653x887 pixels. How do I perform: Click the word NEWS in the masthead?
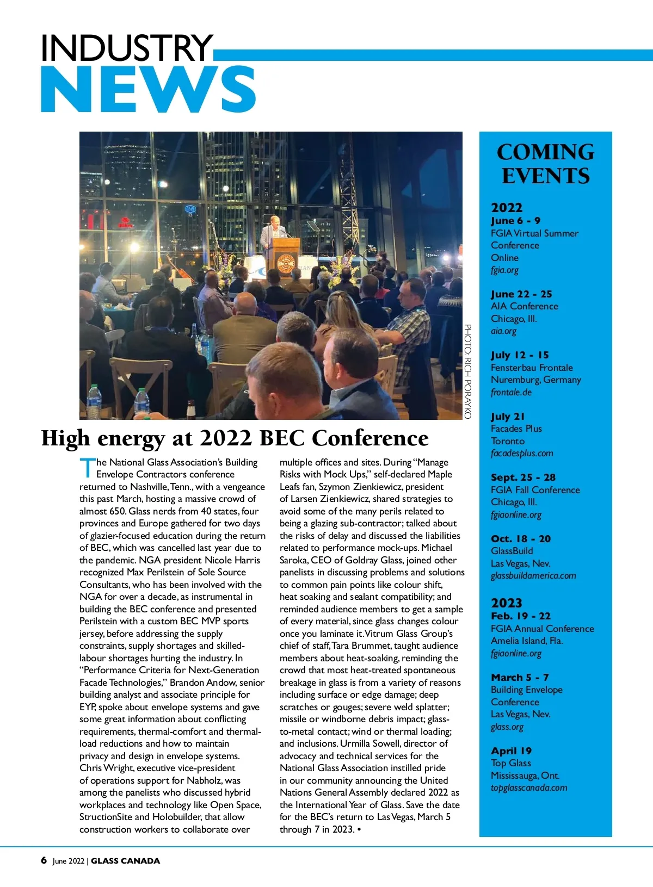(x=148, y=90)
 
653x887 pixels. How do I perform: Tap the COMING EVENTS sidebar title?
(x=545, y=164)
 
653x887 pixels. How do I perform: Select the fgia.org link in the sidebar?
(x=504, y=270)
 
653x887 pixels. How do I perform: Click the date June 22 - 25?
(x=521, y=294)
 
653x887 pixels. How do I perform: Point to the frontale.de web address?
(x=511, y=392)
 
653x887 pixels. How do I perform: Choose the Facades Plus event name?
(x=516, y=429)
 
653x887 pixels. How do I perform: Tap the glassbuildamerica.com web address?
(x=533, y=575)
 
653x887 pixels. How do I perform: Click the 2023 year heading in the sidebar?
(x=506, y=603)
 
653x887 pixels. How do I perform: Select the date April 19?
(x=511, y=751)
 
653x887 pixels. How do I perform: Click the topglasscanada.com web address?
(x=529, y=787)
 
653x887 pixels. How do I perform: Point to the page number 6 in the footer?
(x=44, y=860)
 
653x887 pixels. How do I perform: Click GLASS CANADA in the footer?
(x=126, y=861)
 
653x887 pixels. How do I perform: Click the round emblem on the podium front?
(x=286, y=264)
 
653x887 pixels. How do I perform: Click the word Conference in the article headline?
(x=370, y=438)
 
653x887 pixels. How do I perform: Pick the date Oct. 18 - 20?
(x=521, y=539)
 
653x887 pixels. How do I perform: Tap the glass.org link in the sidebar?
(x=507, y=727)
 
